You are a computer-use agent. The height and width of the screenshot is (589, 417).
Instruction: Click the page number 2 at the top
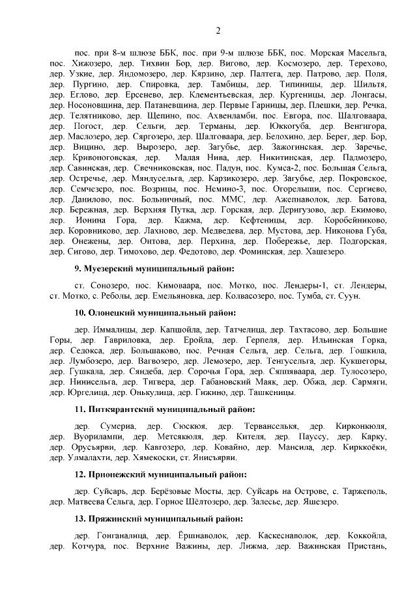click(218, 31)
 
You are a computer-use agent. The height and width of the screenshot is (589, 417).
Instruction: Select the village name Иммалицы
click(117, 329)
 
